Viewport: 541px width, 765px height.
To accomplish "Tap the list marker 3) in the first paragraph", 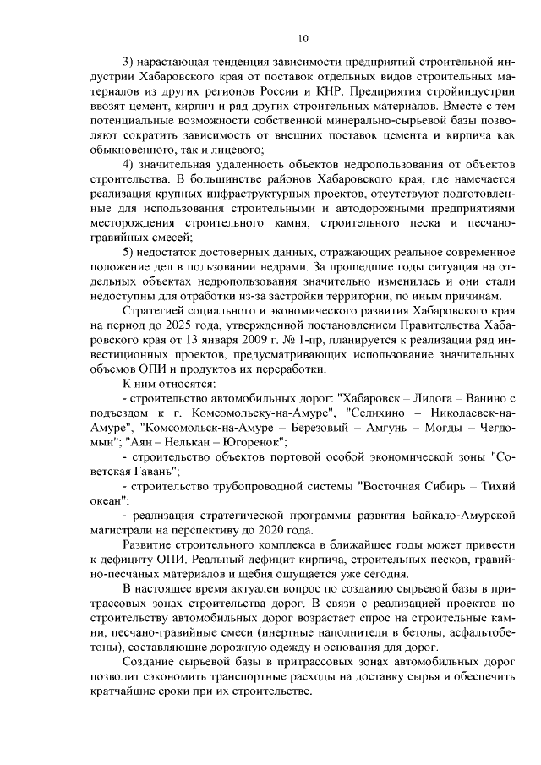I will coord(130,64).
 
